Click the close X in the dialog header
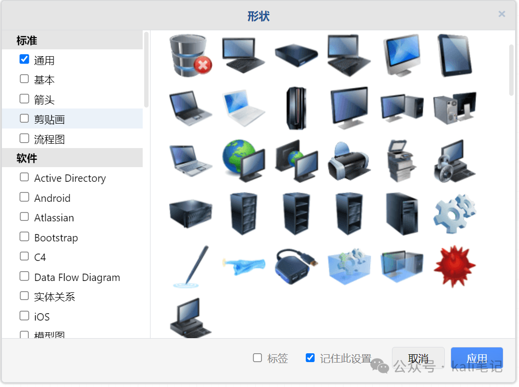click(x=501, y=14)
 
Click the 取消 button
click(x=418, y=359)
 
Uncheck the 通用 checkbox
click(x=24, y=60)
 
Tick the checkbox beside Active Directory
click(x=24, y=177)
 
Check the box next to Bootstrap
click(x=24, y=237)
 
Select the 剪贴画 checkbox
click(x=24, y=118)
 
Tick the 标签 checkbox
click(x=257, y=358)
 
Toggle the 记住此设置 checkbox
click(x=310, y=358)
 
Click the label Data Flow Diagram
click(x=77, y=277)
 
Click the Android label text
click(x=52, y=198)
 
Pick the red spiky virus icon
click(x=454, y=266)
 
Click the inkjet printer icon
click(x=348, y=160)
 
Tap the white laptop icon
click(x=243, y=107)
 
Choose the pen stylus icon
click(x=191, y=266)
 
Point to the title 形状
click(x=259, y=16)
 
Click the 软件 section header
click(x=27, y=158)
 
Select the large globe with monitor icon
click(x=243, y=160)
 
